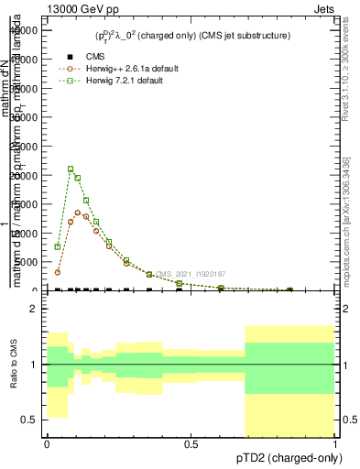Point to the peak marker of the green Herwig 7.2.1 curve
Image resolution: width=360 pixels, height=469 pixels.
pos(71,169)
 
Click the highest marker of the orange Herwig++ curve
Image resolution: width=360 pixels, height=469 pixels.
pos(78,213)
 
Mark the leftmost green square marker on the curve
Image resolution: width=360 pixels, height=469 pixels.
pos(58,246)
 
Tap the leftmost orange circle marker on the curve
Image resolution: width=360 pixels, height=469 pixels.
pos(58,272)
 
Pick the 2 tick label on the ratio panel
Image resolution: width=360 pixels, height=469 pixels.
pos(33,309)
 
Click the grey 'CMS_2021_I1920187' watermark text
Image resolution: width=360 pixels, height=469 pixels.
pos(191,274)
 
